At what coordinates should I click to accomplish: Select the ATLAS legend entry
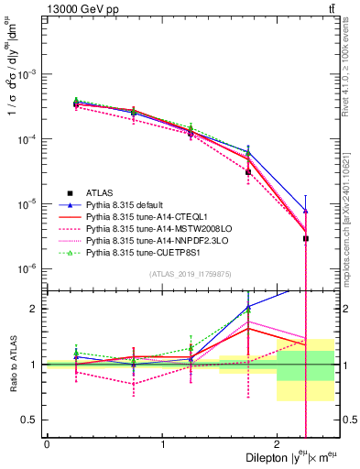pos(100,192)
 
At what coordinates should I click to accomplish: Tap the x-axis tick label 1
pos(162,443)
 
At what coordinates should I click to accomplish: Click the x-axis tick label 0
pos(47,443)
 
